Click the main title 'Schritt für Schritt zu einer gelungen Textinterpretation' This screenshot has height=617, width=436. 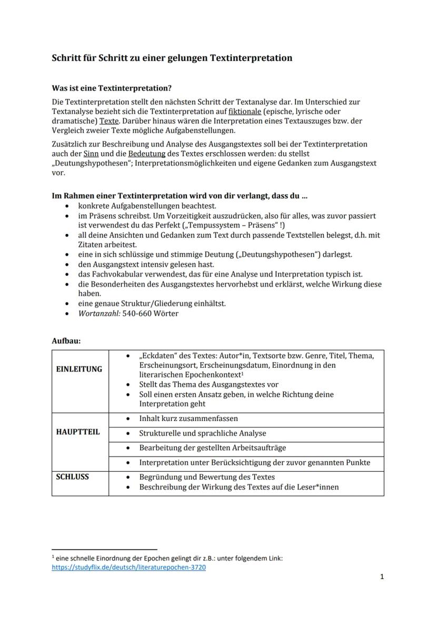click(x=172, y=58)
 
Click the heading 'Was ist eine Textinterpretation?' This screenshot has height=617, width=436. click(x=112, y=87)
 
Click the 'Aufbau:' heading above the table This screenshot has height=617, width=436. click(x=66, y=341)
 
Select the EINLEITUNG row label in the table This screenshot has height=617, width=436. click(x=79, y=369)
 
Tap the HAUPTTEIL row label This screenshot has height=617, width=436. click(x=78, y=432)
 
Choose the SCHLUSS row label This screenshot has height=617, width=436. click(x=73, y=477)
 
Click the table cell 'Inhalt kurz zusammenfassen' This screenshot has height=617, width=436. click(x=189, y=418)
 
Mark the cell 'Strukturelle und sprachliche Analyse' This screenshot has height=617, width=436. click(x=203, y=433)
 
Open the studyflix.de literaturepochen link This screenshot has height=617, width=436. click(x=128, y=567)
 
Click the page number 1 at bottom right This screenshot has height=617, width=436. click(x=382, y=576)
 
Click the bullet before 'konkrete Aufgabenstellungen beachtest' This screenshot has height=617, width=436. click(x=66, y=207)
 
